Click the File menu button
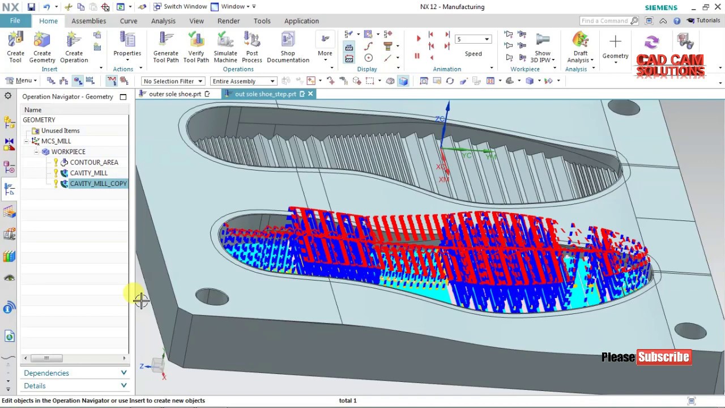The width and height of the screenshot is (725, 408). (x=15, y=21)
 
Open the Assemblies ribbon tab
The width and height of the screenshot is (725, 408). (x=88, y=21)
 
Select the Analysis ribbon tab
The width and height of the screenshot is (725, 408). (x=163, y=21)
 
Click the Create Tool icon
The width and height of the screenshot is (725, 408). (x=15, y=46)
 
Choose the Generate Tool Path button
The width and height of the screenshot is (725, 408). (x=165, y=46)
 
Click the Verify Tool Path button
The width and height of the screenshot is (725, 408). (x=196, y=46)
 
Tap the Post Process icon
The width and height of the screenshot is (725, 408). (x=252, y=46)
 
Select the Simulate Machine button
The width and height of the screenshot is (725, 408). (x=225, y=46)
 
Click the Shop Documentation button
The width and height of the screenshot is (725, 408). (x=288, y=46)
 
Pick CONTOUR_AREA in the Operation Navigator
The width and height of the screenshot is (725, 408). (x=94, y=163)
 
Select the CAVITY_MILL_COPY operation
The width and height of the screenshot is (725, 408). (x=98, y=184)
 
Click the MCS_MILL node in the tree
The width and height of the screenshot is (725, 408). (x=56, y=141)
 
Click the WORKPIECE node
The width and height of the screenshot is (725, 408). (x=68, y=152)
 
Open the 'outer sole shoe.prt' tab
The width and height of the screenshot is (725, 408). (x=174, y=94)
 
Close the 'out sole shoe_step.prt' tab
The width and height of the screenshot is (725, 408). (x=310, y=94)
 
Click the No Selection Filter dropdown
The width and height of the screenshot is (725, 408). (x=172, y=81)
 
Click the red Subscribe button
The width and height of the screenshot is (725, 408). (x=664, y=357)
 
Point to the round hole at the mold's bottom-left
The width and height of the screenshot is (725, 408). (x=212, y=296)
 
